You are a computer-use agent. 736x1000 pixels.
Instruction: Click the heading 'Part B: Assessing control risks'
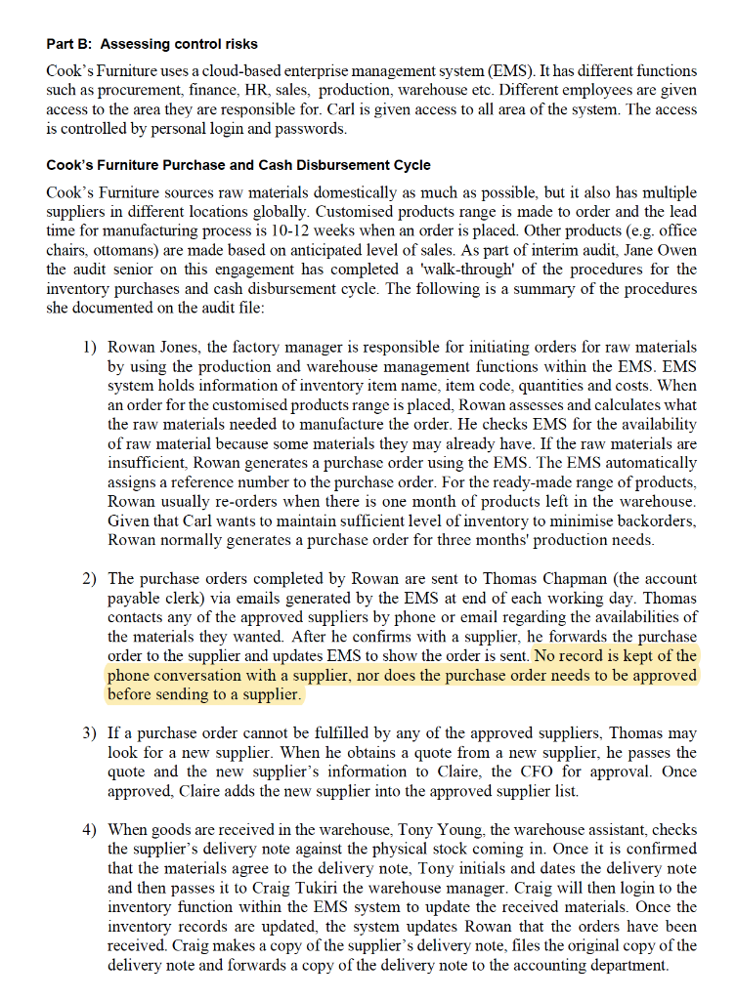[x=152, y=44]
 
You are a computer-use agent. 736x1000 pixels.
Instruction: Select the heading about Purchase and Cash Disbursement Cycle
[x=238, y=164]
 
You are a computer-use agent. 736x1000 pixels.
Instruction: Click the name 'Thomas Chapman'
[x=551, y=579]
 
